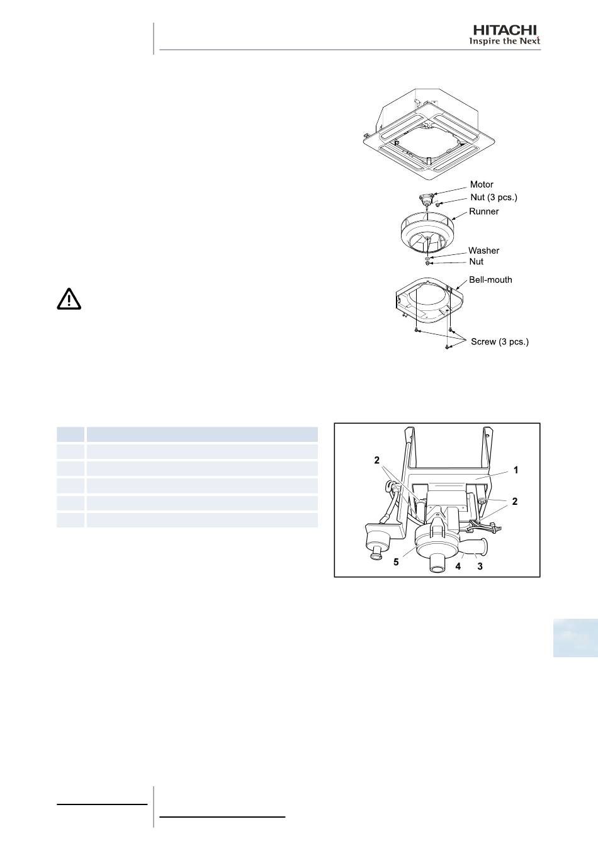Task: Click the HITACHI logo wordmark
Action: (505, 30)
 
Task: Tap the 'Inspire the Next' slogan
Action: (504, 41)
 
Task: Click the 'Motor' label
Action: (482, 184)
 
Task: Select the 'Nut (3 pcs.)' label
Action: (494, 197)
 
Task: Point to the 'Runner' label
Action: (484, 211)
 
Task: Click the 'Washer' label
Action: (484, 251)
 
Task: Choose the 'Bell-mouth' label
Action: (491, 280)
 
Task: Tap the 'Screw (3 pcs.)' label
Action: (500, 342)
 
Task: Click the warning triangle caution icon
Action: (69, 299)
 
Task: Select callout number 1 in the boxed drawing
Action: (516, 470)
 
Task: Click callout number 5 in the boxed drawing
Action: (396, 562)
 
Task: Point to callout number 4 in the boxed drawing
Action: (458, 566)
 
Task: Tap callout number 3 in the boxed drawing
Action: (480, 566)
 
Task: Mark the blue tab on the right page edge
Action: (575, 638)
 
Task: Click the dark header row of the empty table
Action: (187, 434)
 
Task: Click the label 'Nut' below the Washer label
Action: (477, 262)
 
